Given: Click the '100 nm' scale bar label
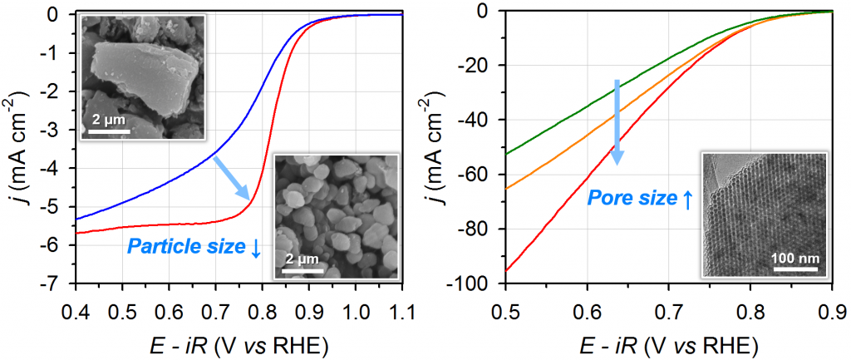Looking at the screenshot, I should (x=796, y=259).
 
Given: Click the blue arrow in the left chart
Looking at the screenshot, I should (x=231, y=177).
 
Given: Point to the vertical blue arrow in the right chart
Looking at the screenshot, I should (x=617, y=121).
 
